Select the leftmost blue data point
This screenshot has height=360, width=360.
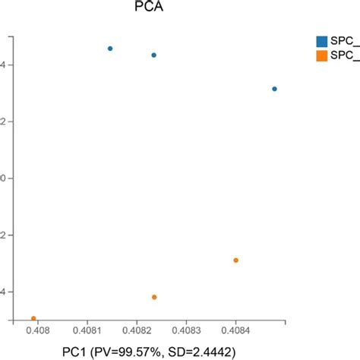(x=110, y=49)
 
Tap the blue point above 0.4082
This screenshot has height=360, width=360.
(x=153, y=55)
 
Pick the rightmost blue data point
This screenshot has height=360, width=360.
(x=274, y=89)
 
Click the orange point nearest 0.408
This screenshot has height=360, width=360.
(x=33, y=318)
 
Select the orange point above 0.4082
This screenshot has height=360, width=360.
(x=154, y=297)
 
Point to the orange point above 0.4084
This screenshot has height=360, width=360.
(x=235, y=261)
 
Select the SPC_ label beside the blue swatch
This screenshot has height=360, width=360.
(x=346, y=40)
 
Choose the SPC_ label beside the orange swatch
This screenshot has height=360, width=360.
(x=346, y=55)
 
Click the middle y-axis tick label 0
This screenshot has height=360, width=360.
(x=4, y=178)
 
